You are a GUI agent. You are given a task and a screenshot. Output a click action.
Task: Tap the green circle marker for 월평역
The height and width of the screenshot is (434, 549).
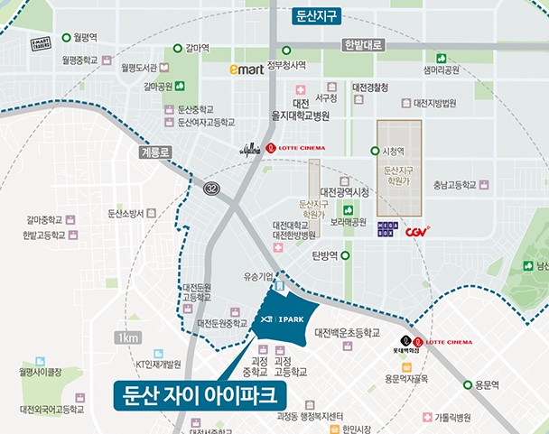[x=68, y=39]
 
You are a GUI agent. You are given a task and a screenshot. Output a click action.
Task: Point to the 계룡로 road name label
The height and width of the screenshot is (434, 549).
[x=155, y=152]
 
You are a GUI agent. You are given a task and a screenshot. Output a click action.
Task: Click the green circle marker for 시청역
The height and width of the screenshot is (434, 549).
[x=376, y=152]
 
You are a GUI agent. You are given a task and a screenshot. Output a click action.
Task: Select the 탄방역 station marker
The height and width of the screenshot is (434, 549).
[x=344, y=255]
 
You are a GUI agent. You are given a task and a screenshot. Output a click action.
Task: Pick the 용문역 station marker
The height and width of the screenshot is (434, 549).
[x=468, y=384]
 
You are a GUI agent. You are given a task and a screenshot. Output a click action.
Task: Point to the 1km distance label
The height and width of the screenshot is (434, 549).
[x=127, y=337]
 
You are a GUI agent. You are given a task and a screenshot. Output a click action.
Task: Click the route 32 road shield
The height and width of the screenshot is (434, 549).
[x=211, y=188]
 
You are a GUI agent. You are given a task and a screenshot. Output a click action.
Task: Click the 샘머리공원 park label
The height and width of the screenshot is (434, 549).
[x=441, y=69]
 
